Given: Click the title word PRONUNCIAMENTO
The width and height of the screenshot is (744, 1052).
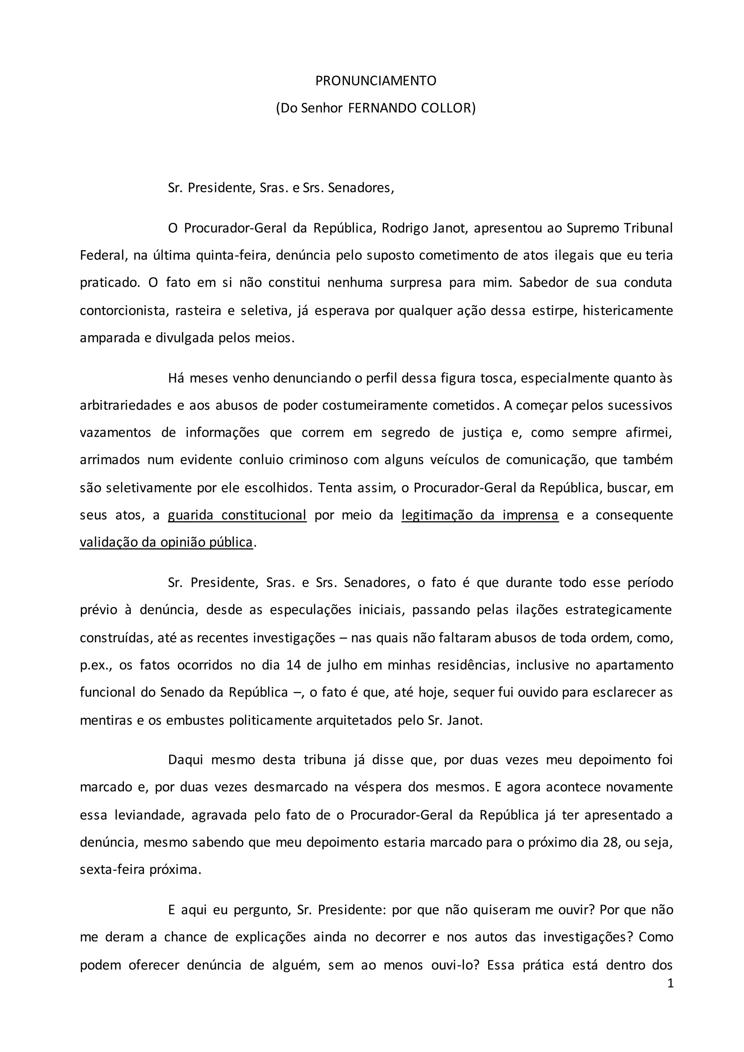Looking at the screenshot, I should pos(376,81).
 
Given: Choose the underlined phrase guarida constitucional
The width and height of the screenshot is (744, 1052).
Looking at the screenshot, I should pos(237,515).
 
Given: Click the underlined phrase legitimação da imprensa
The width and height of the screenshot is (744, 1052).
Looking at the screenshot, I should pos(480,515).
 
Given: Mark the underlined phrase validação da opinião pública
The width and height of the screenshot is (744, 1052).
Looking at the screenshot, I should pos(166,542).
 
